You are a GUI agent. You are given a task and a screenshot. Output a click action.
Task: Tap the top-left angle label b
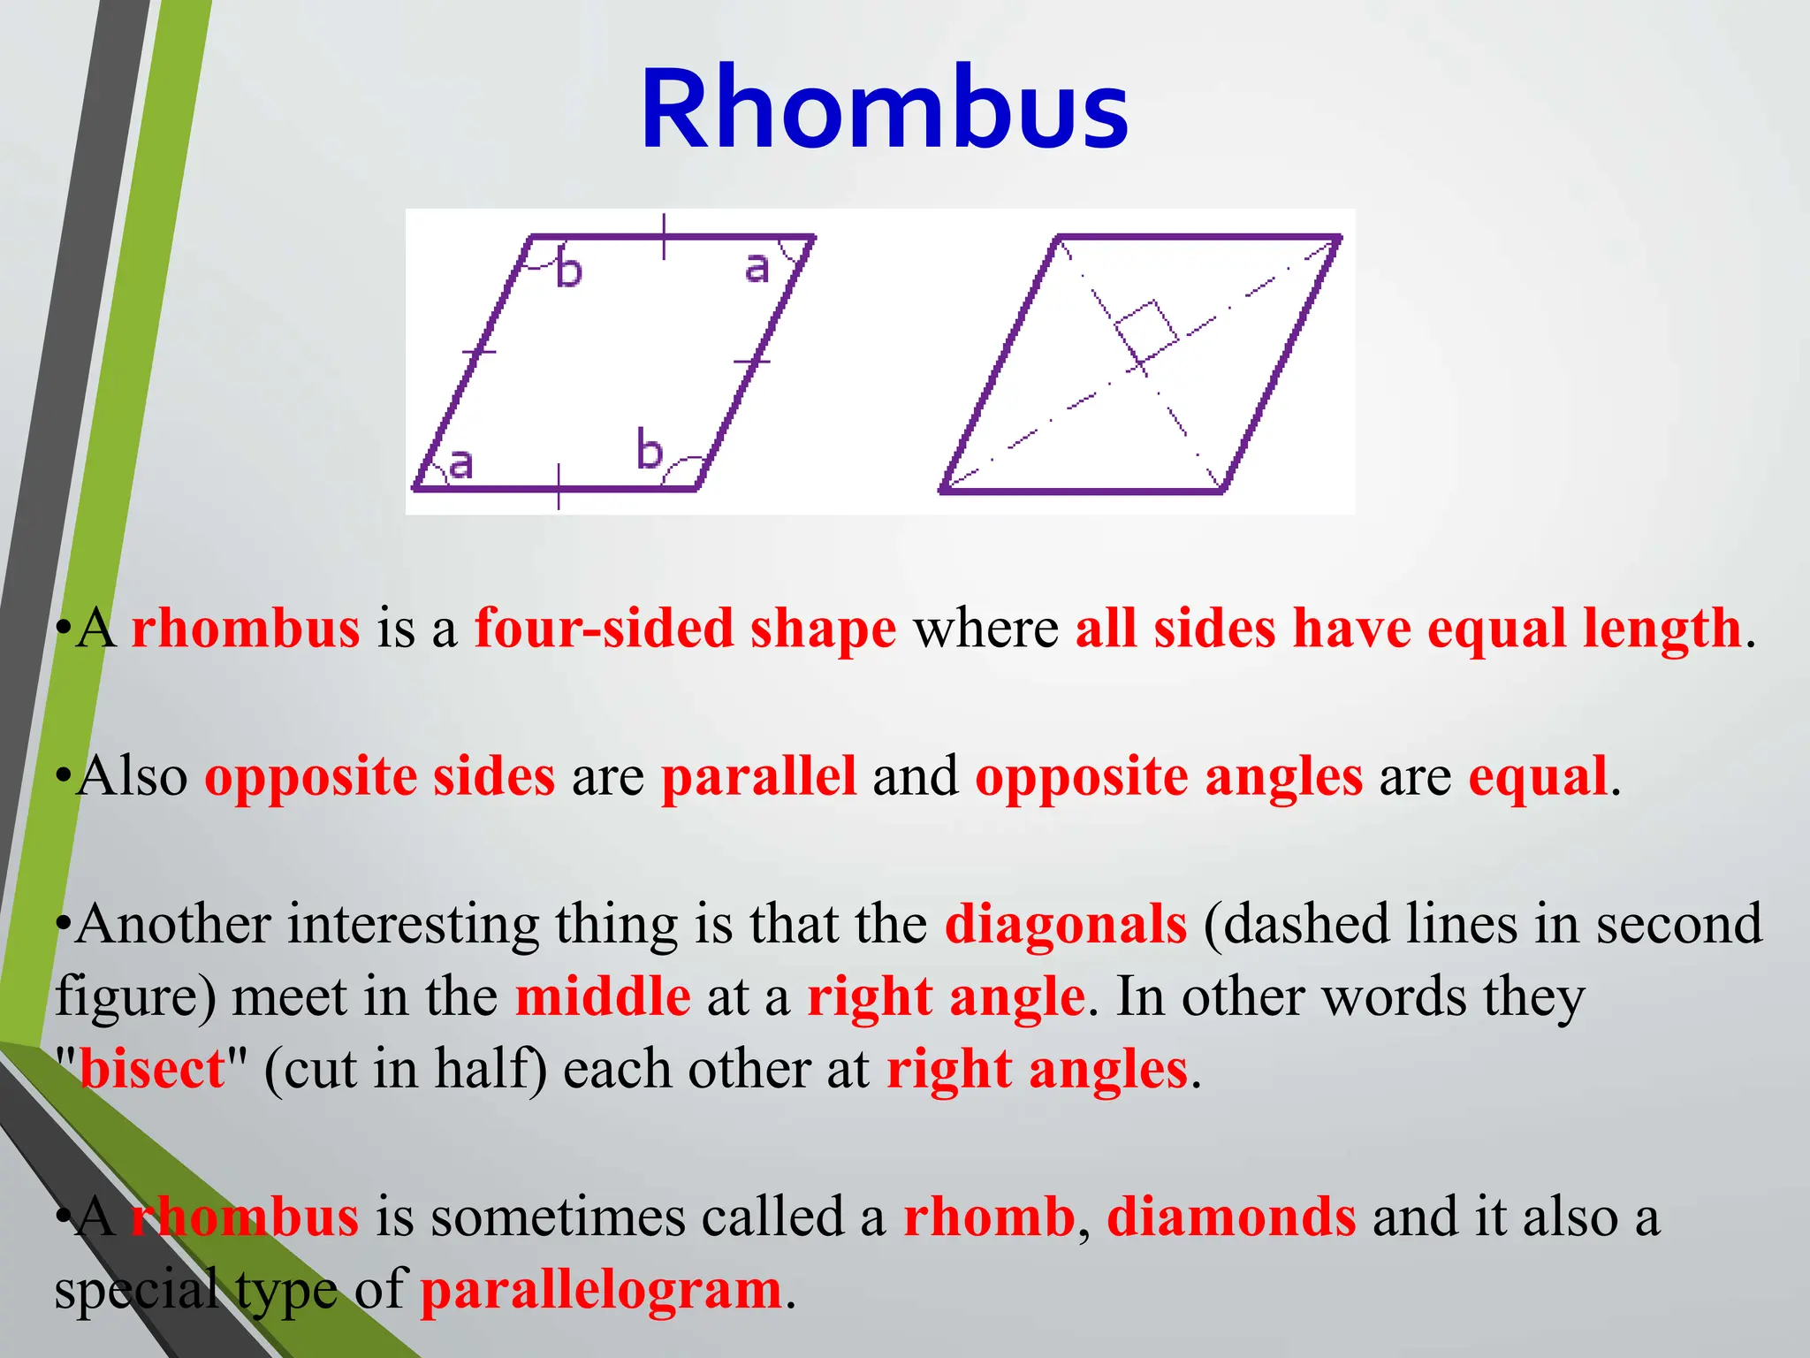pos(568,270)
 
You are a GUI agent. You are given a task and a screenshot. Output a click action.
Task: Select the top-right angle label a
pos(757,266)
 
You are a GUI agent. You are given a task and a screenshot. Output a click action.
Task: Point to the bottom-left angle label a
pos(460,463)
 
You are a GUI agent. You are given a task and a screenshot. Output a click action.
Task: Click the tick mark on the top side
pos(664,236)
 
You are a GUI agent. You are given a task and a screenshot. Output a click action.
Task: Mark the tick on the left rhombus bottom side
pos(559,487)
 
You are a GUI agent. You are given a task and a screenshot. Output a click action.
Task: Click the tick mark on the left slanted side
pos(479,351)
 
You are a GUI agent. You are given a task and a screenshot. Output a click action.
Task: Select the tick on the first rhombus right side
pos(752,361)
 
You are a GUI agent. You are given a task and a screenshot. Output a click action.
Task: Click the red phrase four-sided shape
pos(685,629)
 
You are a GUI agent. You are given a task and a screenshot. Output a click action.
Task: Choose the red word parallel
pos(758,777)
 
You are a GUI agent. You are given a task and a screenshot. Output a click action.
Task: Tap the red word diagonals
pos(1065,925)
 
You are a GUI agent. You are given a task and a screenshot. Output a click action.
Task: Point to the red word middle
pos(603,997)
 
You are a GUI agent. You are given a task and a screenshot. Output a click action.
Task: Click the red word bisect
pos(152,1070)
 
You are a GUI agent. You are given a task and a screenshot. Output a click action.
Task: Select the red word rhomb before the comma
pos(988,1217)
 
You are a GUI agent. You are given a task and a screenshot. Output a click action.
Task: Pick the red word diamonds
pos(1231,1217)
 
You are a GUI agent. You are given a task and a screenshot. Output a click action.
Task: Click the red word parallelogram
pos(601,1290)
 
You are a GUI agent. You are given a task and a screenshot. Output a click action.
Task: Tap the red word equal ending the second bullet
pos(1537,777)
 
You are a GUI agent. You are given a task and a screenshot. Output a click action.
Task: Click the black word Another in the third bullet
pos(173,925)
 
